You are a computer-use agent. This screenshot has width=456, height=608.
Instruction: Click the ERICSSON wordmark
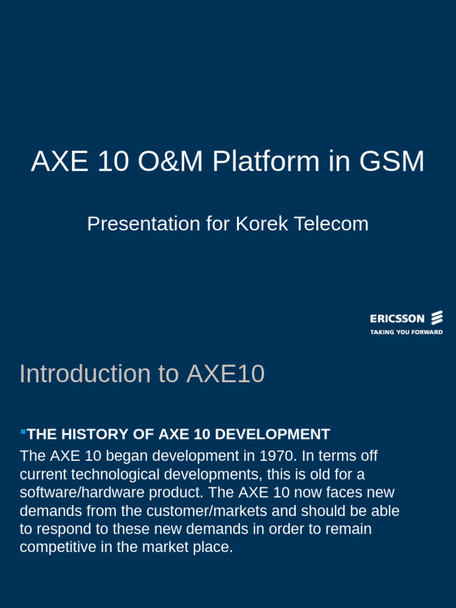pos(397,319)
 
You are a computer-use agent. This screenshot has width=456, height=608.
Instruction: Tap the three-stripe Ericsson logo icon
pos(436,318)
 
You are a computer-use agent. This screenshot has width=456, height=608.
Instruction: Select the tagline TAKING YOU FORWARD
pos(406,332)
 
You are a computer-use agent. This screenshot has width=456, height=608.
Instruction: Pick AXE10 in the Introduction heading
pos(226,374)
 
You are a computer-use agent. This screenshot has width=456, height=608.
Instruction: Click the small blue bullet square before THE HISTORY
pos(23,431)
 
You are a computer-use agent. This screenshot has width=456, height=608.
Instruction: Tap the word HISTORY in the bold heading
pos(94,435)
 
